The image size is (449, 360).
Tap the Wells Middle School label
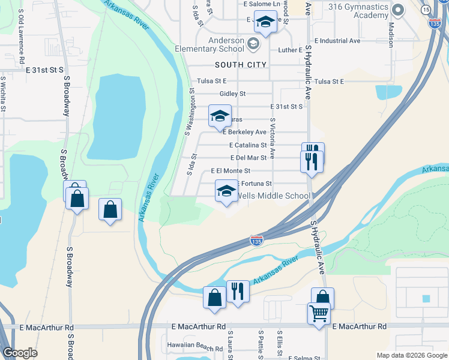(274, 196)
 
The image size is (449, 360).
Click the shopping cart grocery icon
(319, 313)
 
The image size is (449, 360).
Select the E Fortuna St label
(256, 183)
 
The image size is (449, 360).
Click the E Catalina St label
(248, 145)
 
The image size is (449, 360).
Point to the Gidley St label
(232, 94)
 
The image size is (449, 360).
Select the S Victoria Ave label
(273, 137)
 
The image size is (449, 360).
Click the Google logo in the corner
(20, 353)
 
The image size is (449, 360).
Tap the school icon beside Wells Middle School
(226, 191)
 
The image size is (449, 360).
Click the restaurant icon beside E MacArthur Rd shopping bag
(238, 291)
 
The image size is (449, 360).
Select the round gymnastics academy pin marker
(397, 10)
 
